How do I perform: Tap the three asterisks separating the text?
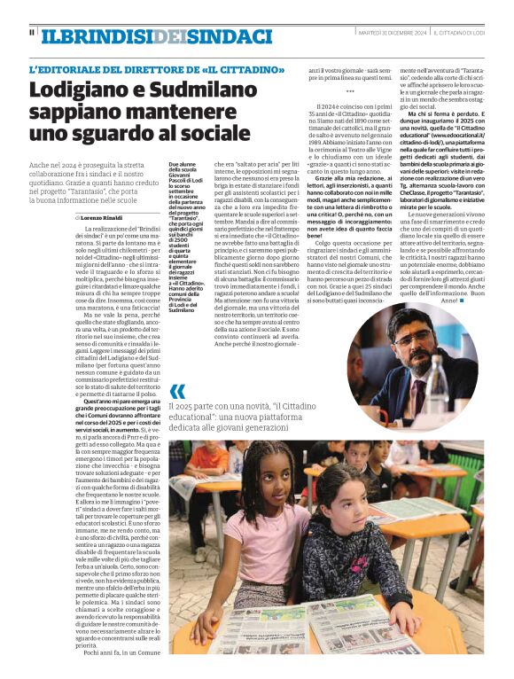(349, 91)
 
